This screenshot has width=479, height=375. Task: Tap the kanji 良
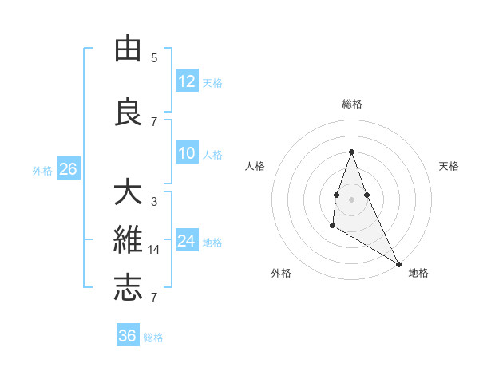[x=128, y=112]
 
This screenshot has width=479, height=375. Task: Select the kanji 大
[x=128, y=194]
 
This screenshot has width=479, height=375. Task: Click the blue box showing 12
[x=187, y=81]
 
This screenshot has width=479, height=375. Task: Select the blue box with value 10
[x=187, y=153]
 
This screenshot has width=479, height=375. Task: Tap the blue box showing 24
[x=187, y=241]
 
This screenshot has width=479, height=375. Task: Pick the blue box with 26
[x=68, y=169]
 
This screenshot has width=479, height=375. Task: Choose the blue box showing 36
[x=128, y=336]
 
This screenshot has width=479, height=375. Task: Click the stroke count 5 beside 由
[x=154, y=58]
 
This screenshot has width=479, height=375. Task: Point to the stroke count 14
[x=154, y=250]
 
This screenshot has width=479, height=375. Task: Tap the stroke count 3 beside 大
[x=154, y=202]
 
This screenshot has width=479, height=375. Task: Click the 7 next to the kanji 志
[x=154, y=298]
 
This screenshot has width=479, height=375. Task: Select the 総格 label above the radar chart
[x=351, y=104]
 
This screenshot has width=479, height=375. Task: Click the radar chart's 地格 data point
[x=399, y=263]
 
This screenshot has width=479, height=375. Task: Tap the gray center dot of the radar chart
[x=351, y=199]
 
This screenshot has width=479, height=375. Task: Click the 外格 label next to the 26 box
[x=42, y=170]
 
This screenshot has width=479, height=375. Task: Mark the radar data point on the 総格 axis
[x=351, y=152]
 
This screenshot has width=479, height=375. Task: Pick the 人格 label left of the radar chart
[x=255, y=166]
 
